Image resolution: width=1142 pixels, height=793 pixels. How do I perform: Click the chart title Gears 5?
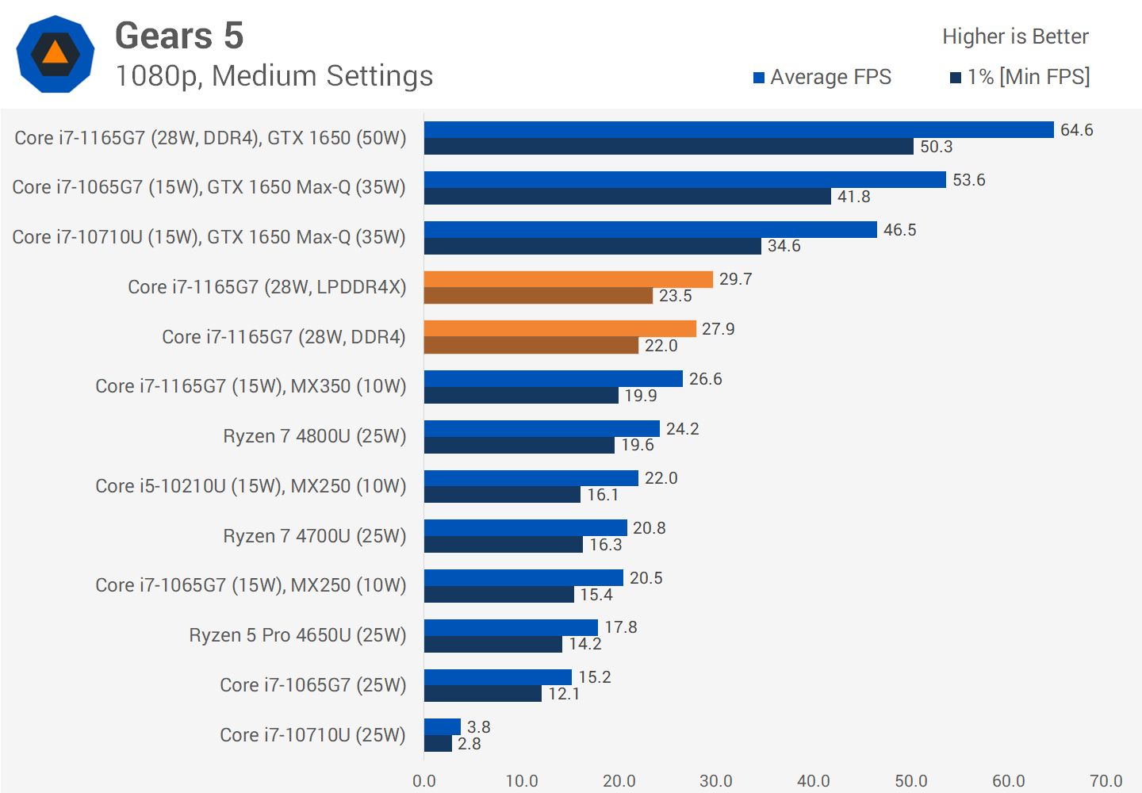[x=179, y=36]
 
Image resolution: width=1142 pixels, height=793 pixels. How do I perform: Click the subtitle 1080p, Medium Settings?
[x=274, y=76]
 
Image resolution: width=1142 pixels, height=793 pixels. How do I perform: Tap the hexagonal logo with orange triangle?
[x=56, y=54]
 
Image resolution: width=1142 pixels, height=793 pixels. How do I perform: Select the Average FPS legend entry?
[x=822, y=77]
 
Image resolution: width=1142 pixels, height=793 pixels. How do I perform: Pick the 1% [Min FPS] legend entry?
[x=1020, y=77]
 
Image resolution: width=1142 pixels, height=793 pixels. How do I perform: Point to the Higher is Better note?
[x=1015, y=36]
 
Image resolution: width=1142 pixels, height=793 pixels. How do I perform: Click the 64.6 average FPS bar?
[x=738, y=130]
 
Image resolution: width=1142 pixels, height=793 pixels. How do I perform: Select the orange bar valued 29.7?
[x=568, y=279]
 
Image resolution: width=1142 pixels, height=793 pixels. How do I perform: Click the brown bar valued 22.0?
[x=531, y=346]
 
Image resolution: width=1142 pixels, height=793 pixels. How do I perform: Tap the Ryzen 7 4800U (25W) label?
[x=314, y=436]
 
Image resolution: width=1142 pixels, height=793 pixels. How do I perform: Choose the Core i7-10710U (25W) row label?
[x=312, y=735]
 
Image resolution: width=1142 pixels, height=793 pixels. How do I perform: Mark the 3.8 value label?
[x=478, y=727]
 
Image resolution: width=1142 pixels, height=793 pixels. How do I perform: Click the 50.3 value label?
[x=936, y=147]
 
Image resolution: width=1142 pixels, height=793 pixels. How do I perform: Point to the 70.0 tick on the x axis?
[x=1106, y=781]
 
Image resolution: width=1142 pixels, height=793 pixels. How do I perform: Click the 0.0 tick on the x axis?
[x=424, y=781]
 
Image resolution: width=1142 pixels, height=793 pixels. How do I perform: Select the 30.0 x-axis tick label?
[x=716, y=781]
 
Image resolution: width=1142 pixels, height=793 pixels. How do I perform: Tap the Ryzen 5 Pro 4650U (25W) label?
[x=297, y=635]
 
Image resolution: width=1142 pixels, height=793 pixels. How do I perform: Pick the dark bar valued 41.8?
[x=627, y=197]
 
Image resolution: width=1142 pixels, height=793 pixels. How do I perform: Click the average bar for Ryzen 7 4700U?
[x=525, y=528]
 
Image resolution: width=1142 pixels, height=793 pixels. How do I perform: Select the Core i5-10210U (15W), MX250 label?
[x=251, y=486]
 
